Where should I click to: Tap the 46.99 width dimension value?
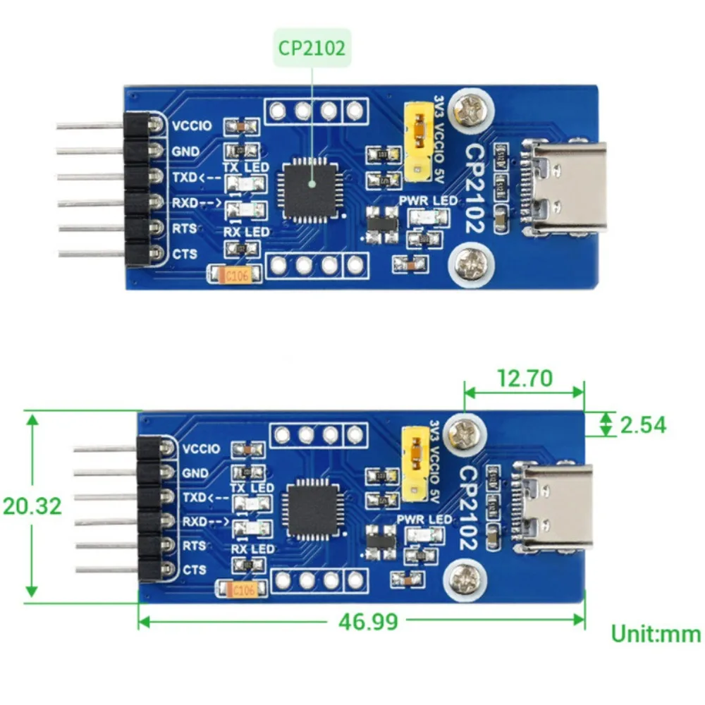tap(369, 621)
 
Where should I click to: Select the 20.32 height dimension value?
tap(32, 505)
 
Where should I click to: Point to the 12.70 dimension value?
tap(523, 378)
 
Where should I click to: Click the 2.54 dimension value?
tap(642, 424)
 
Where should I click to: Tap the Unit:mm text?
tap(655, 633)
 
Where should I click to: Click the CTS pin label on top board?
tap(185, 253)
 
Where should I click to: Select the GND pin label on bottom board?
tap(195, 473)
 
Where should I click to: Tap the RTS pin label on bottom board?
tap(194, 545)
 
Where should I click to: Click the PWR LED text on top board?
tap(427, 201)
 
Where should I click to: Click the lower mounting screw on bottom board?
tap(465, 581)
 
